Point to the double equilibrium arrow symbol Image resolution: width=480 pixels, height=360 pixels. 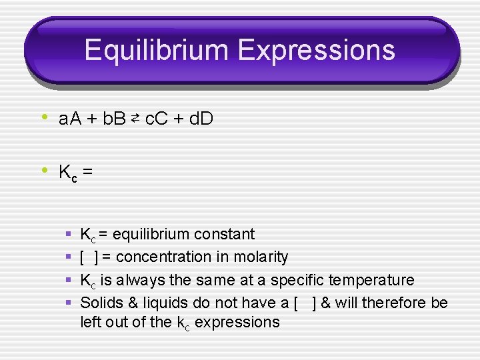pyautogui.click(x=135, y=119)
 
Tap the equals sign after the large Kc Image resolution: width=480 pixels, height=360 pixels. pyautogui.click(x=87, y=173)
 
